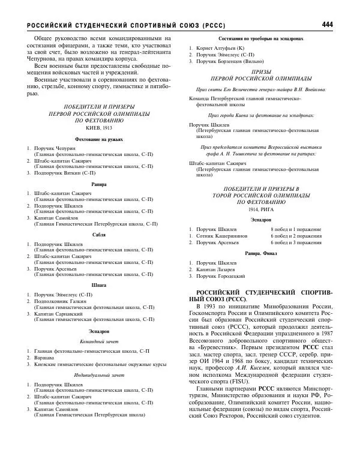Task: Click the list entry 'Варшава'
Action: [x=44, y=357]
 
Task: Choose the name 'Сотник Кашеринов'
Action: [x=224, y=236]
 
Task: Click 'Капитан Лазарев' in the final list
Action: [x=220, y=269]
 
